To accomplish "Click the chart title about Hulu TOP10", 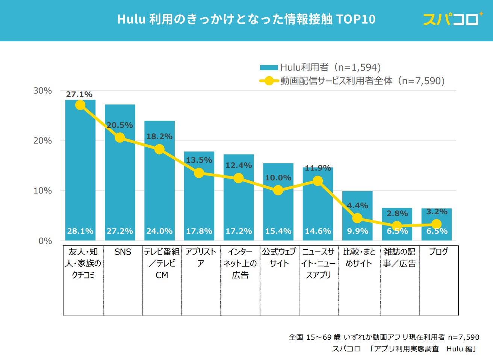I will (x=246, y=19).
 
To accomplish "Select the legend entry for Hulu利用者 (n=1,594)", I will (x=321, y=68).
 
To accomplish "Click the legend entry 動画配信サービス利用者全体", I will (x=352, y=81).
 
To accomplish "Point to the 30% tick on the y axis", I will (x=42, y=91).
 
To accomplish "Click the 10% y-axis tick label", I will (x=42, y=191).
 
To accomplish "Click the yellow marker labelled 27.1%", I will (x=80, y=105).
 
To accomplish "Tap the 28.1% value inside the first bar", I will (x=80, y=231).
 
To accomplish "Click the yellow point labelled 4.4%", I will (x=357, y=218).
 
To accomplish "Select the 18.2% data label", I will (x=159, y=136).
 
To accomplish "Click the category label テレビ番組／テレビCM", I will (x=162, y=263).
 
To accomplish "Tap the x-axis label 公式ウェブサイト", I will (x=279, y=257).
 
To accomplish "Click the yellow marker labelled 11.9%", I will (x=318, y=181).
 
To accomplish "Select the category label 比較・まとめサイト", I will (x=359, y=257).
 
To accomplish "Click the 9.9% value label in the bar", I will (x=357, y=231).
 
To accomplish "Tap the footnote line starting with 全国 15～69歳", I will (x=384, y=337).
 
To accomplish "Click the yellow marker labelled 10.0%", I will (x=278, y=191).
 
